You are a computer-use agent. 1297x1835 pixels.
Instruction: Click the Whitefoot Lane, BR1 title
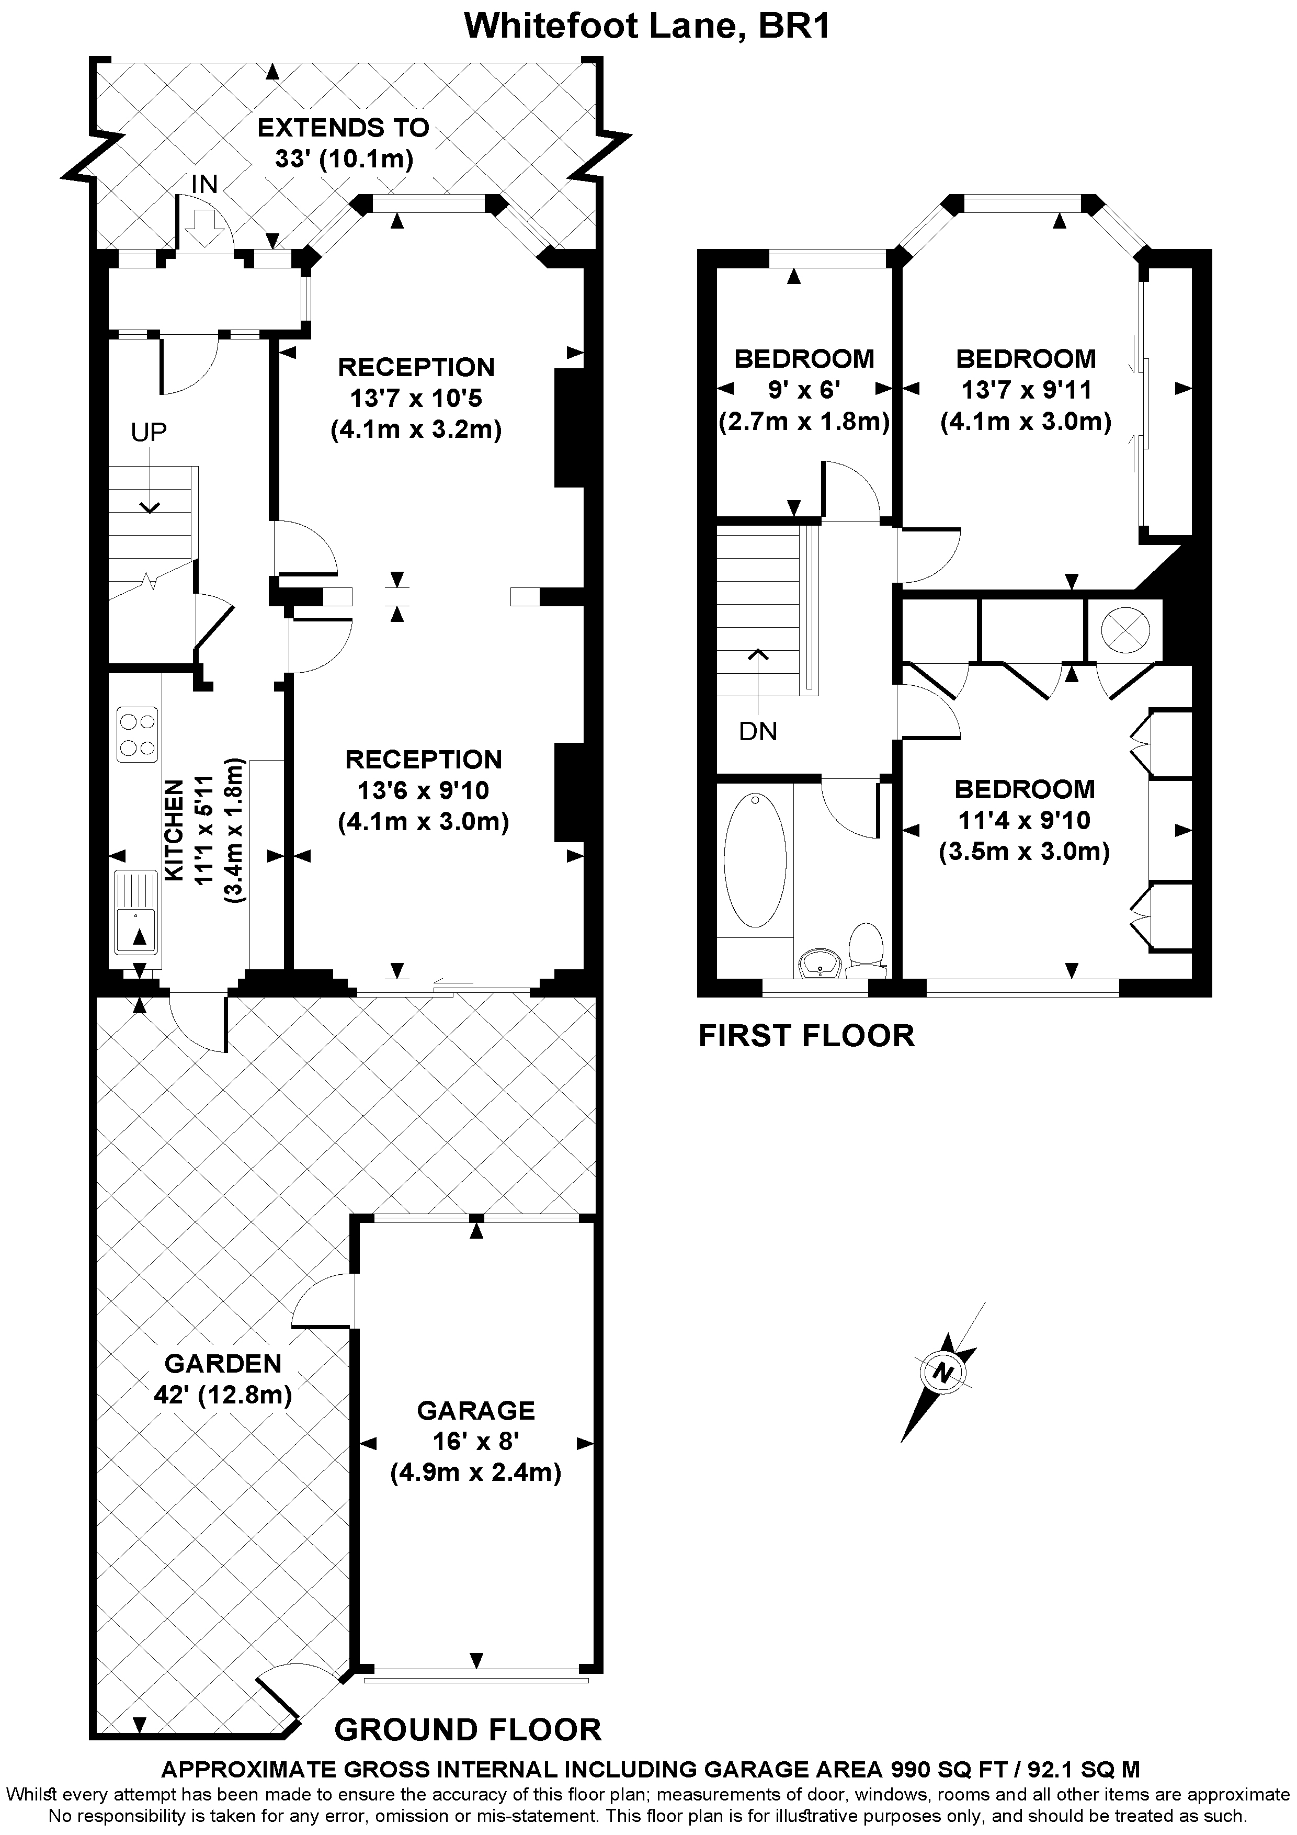coord(647,26)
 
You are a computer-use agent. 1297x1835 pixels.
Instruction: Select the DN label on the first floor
coord(758,730)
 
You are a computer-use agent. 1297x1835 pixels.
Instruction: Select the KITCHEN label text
coord(174,831)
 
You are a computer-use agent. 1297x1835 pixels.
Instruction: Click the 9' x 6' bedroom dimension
coord(803,390)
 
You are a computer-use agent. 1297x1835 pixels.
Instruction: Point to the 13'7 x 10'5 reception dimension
coord(416,398)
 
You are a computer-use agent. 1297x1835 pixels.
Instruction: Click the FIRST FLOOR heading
coord(805,1036)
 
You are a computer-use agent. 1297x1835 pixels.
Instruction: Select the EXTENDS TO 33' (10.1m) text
coord(344,142)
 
